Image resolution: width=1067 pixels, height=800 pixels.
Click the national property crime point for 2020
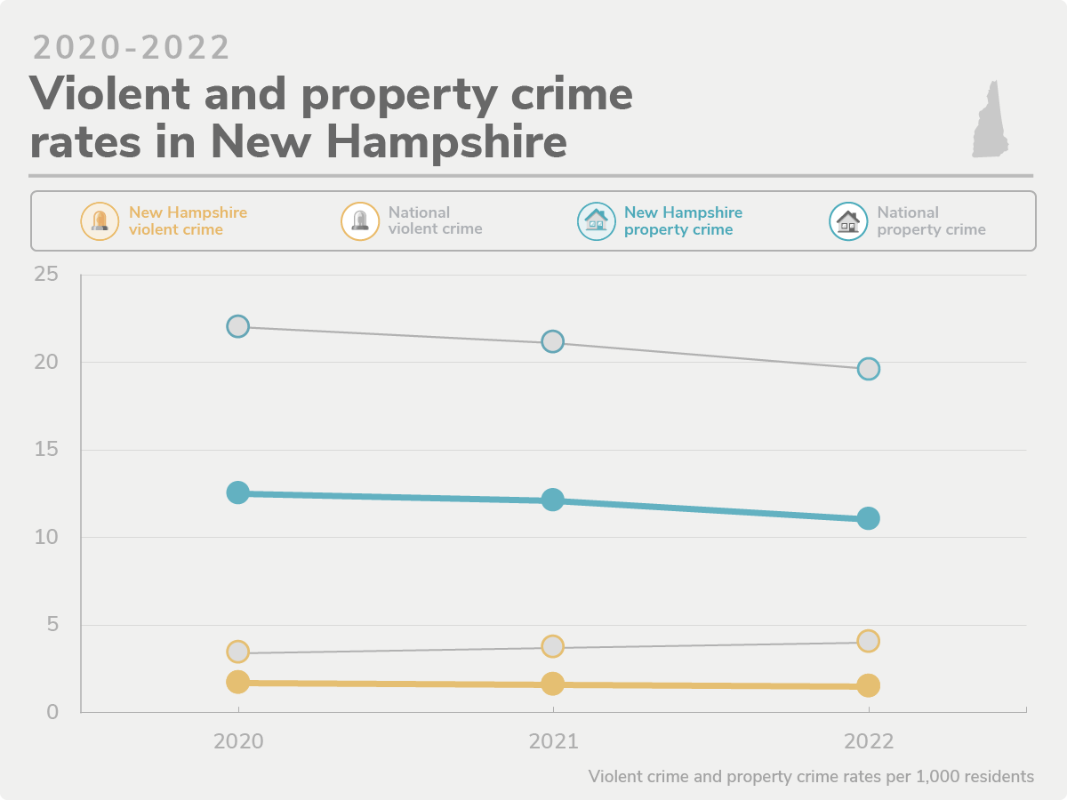237,326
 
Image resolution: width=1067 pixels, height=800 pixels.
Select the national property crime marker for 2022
869,369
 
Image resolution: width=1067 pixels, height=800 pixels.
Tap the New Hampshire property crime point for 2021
553,500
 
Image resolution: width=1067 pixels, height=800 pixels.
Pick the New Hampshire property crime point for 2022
869,518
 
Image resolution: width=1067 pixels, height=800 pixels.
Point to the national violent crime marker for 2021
553,646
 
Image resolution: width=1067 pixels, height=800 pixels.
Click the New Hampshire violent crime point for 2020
237,682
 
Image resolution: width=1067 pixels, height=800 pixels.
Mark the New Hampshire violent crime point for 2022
869,685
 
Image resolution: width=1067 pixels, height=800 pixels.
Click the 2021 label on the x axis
553,741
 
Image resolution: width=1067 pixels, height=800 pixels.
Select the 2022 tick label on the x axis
869,741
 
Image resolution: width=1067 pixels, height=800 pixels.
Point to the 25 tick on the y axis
46,275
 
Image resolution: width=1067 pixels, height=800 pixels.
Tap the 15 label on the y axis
46,450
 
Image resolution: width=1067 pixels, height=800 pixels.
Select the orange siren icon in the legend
100,221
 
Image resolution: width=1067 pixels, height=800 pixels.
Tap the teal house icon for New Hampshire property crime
596,221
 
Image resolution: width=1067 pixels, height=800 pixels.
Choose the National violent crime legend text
435,220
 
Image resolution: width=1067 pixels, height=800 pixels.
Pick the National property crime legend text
931,220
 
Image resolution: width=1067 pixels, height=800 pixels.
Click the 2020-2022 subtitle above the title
132,48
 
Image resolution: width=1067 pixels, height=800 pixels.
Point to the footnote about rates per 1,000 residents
811,776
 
